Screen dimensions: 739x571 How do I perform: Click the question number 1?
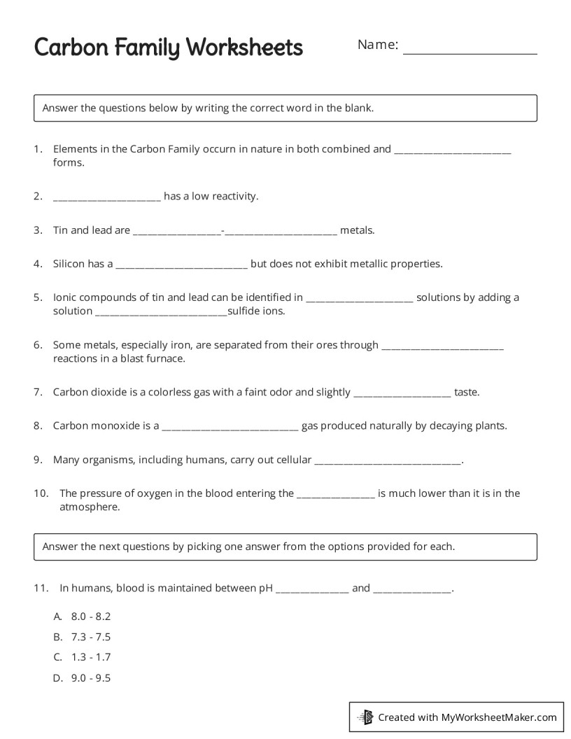[38, 149]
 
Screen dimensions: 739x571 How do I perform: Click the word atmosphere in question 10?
[90, 507]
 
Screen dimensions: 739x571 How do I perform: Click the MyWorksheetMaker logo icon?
[365, 717]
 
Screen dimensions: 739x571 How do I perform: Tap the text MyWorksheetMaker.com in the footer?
[498, 717]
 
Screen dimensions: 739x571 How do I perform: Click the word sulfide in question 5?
[244, 311]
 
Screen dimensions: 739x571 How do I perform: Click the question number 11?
[41, 588]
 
